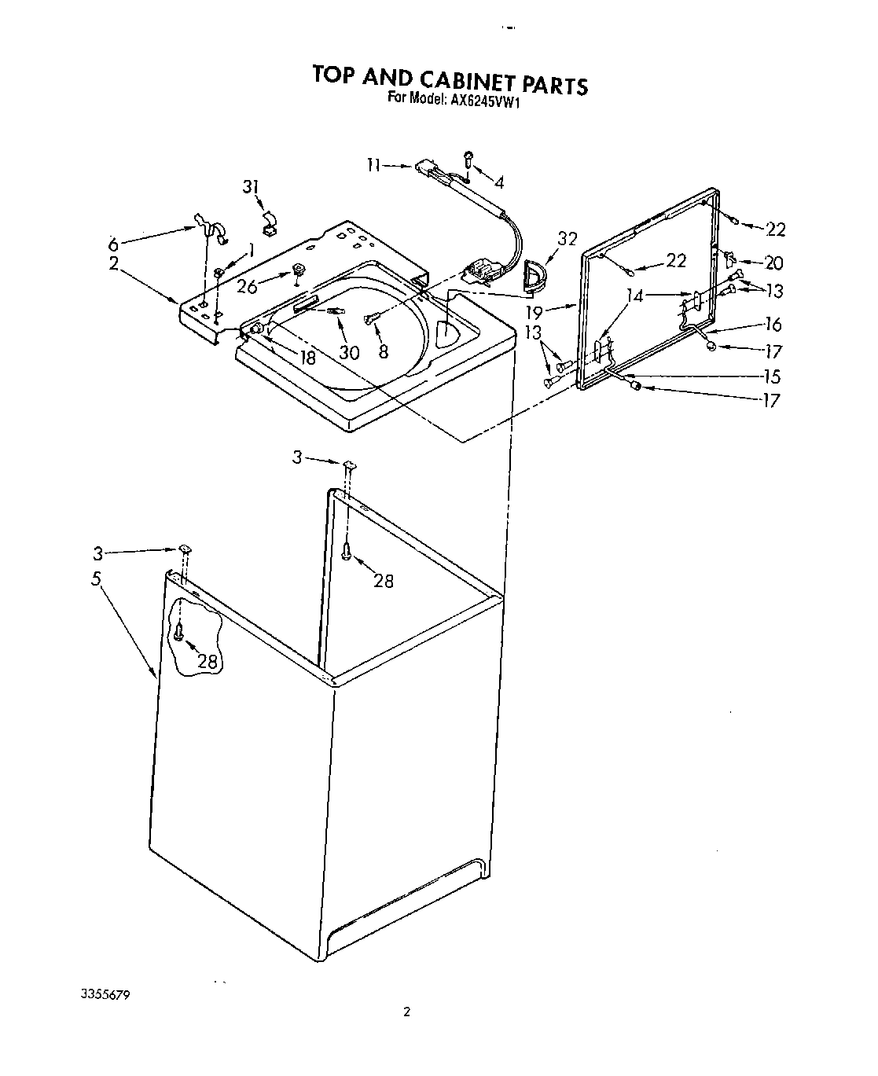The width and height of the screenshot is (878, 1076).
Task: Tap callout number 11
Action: tap(374, 165)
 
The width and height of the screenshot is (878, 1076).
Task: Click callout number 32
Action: tap(566, 239)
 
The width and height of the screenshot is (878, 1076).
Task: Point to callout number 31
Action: tap(250, 187)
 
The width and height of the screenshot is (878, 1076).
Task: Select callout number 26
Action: tap(247, 287)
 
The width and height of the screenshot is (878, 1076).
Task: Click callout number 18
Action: tap(307, 357)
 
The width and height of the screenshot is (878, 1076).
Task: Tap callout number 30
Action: tap(349, 353)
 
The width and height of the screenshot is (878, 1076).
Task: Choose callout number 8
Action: tap(384, 352)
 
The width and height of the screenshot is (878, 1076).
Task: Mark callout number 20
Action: tap(773, 264)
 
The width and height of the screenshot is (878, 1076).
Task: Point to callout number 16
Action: tap(773, 324)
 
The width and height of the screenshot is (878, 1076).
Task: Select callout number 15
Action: tap(771, 376)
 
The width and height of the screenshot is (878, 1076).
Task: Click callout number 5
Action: tap(96, 579)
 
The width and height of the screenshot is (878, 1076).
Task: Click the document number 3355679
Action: tap(105, 994)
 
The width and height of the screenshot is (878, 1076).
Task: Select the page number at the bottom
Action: tap(406, 1012)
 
